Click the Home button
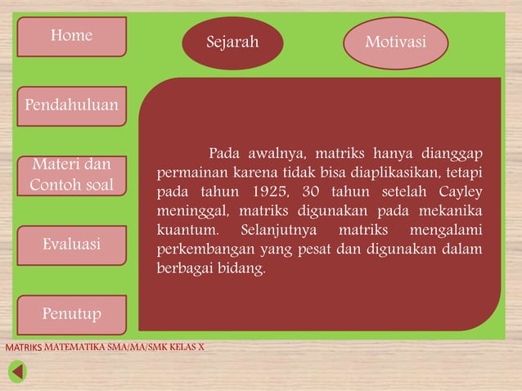[71, 36]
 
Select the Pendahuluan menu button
[71, 106]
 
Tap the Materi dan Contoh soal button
[71, 175]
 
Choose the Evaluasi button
[71, 245]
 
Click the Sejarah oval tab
[232, 42]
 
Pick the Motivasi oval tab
[395, 42]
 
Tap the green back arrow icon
[17, 372]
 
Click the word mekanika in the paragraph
[452, 212]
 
